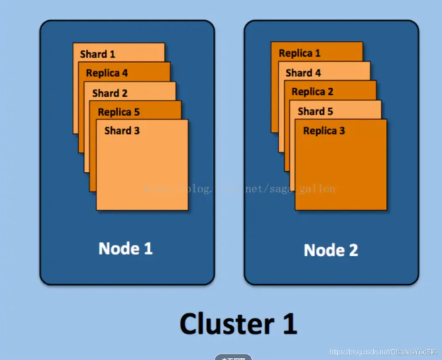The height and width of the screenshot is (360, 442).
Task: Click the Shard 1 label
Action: click(98, 54)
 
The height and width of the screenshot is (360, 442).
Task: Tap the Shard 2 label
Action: click(110, 93)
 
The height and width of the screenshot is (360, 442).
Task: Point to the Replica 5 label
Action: click(119, 112)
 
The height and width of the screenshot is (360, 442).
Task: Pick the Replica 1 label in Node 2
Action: click(299, 54)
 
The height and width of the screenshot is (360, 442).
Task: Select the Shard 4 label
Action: click(303, 73)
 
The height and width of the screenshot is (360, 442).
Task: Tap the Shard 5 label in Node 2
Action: click(315, 111)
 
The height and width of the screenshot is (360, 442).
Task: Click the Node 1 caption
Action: click(126, 248)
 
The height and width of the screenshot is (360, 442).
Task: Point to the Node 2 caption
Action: click(331, 250)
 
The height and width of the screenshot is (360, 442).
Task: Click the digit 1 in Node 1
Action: click(148, 248)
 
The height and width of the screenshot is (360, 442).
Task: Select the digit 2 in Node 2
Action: click(352, 250)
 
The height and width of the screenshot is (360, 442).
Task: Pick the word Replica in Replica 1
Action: click(294, 54)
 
